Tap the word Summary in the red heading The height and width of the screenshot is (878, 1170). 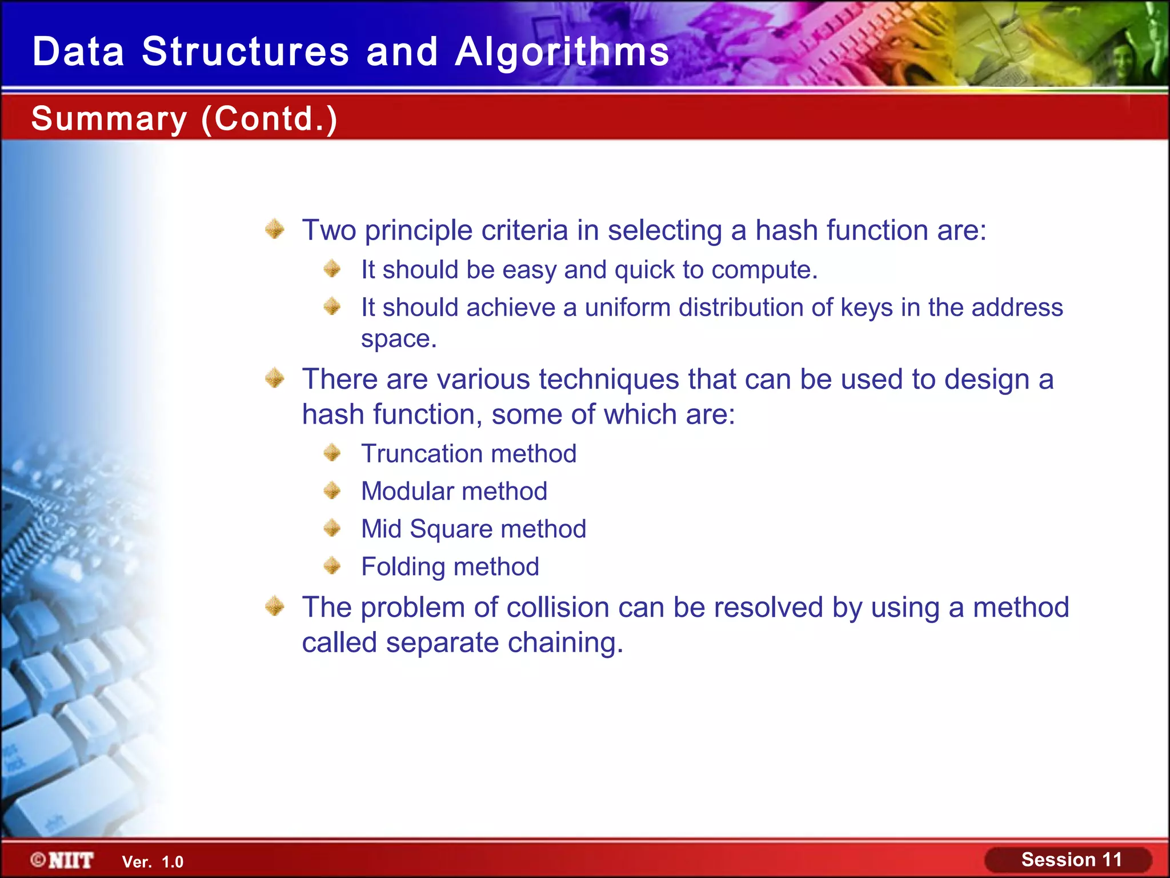click(109, 119)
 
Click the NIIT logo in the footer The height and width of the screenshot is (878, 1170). click(62, 860)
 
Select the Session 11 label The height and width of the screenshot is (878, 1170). click(1071, 860)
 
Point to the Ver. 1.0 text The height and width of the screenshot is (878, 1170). click(153, 862)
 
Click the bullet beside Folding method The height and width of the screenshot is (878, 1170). click(332, 566)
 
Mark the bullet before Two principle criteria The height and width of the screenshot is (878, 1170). click(275, 229)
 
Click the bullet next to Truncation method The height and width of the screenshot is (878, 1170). click(332, 453)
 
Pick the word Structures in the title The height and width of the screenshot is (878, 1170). click(245, 52)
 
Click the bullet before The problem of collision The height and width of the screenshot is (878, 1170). click(275, 606)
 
